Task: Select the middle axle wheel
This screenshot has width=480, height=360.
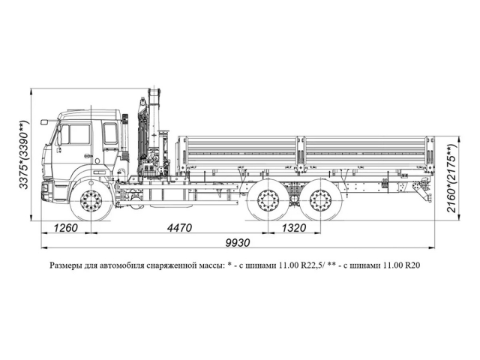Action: point(267,202)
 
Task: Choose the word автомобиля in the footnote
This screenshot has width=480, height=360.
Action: point(120,265)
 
